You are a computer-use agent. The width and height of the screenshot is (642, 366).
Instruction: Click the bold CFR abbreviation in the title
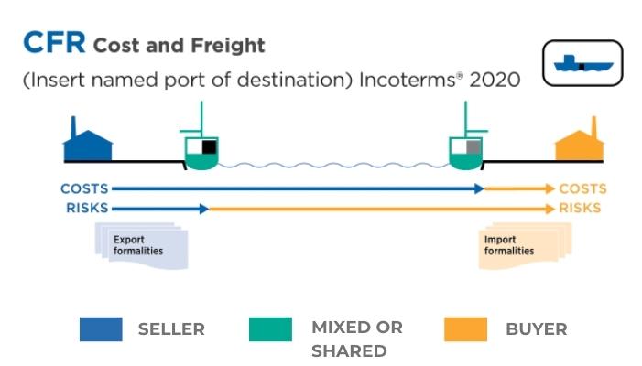53,43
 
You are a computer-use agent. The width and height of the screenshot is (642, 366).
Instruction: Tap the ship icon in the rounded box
582,63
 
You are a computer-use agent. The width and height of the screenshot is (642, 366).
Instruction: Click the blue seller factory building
87,142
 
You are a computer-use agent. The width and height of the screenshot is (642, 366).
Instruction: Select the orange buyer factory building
580,143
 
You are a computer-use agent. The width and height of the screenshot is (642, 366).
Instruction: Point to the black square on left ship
209,146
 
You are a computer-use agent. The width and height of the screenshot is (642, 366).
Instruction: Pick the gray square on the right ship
473,146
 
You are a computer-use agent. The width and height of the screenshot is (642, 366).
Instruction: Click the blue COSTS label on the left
84,189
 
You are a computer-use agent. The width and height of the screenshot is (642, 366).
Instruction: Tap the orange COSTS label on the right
582,189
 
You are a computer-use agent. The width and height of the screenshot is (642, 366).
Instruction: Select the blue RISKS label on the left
87,208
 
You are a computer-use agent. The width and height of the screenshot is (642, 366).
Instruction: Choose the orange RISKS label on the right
580,208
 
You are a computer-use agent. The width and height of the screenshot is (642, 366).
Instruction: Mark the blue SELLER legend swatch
101,329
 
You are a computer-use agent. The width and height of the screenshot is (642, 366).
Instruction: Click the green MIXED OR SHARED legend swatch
270,329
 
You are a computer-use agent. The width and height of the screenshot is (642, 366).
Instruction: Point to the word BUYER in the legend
536,329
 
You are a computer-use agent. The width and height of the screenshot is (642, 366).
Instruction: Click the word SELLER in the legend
171,329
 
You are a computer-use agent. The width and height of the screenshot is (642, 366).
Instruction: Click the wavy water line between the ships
332,166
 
